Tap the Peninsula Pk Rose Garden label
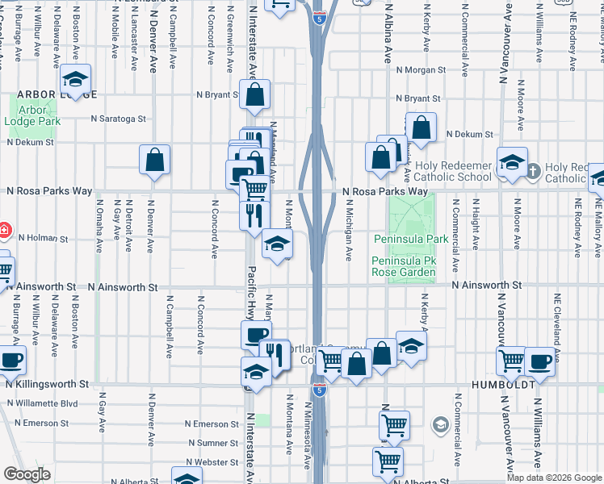click(404, 267)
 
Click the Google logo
click(27, 474)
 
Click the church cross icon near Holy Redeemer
click(532, 170)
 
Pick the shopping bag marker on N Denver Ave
click(154, 160)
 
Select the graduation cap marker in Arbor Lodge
click(75, 80)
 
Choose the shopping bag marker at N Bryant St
click(254, 94)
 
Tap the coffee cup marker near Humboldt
click(539, 361)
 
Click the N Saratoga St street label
click(118, 118)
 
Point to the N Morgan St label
click(421, 69)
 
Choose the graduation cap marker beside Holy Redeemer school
click(511, 161)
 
